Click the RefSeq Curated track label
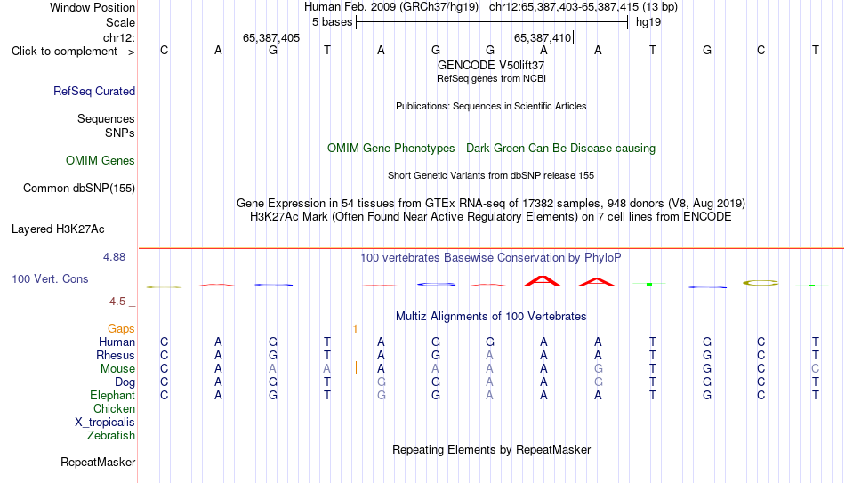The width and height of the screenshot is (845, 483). (x=94, y=91)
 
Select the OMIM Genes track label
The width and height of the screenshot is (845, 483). (x=101, y=161)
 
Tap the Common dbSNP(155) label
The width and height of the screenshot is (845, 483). (x=79, y=189)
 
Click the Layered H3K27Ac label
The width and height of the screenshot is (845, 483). (x=58, y=229)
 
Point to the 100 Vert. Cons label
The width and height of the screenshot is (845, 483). (x=50, y=278)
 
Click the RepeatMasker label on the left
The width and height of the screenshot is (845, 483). (x=98, y=462)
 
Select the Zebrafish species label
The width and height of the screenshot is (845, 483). (x=111, y=435)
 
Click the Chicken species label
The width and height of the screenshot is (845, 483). (x=114, y=408)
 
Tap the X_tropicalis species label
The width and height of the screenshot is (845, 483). (x=105, y=423)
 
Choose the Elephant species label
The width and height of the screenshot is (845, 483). (x=113, y=395)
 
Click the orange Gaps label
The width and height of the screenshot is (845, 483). (x=121, y=329)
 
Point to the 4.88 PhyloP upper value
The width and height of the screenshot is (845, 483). (x=114, y=257)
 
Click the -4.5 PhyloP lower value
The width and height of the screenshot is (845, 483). (x=116, y=302)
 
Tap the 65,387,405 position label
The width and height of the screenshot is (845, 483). (x=271, y=37)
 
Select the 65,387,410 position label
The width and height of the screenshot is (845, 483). (x=543, y=37)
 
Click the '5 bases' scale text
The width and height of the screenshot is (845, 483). (x=332, y=22)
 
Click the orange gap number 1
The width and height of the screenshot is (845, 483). (x=355, y=329)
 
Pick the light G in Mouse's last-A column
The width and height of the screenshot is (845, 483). (x=599, y=369)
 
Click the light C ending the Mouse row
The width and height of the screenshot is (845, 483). (x=816, y=369)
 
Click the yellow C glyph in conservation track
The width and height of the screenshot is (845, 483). (x=760, y=283)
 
